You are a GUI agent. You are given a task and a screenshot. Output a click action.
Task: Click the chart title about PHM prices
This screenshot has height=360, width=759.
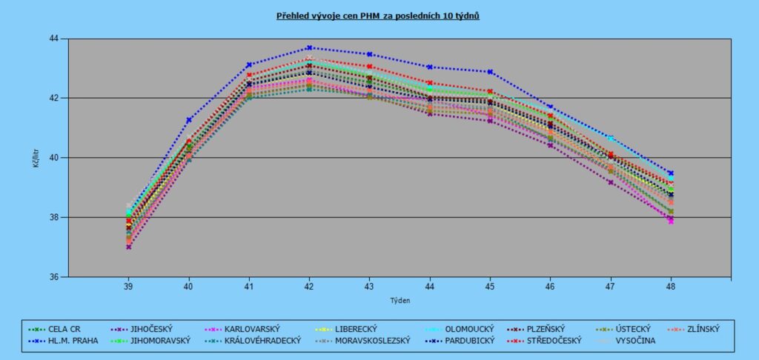(x=378, y=15)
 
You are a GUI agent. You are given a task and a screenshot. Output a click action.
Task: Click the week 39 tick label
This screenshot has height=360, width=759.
(x=128, y=286)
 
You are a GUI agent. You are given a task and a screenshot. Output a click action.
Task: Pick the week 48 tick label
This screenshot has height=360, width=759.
(x=672, y=286)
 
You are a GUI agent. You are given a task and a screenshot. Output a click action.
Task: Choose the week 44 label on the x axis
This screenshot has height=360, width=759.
(x=430, y=286)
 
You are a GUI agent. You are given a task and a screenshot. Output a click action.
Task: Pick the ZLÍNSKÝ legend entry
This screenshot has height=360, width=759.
(x=697, y=328)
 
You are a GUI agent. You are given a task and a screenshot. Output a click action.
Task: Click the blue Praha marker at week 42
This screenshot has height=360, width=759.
(x=309, y=47)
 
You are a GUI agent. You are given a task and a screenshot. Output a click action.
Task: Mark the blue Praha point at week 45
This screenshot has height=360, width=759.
(x=490, y=72)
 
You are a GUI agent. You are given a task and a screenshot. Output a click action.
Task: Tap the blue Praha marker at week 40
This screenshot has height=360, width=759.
(x=188, y=120)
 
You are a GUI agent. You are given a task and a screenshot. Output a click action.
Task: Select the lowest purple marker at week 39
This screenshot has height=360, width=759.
(x=128, y=247)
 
